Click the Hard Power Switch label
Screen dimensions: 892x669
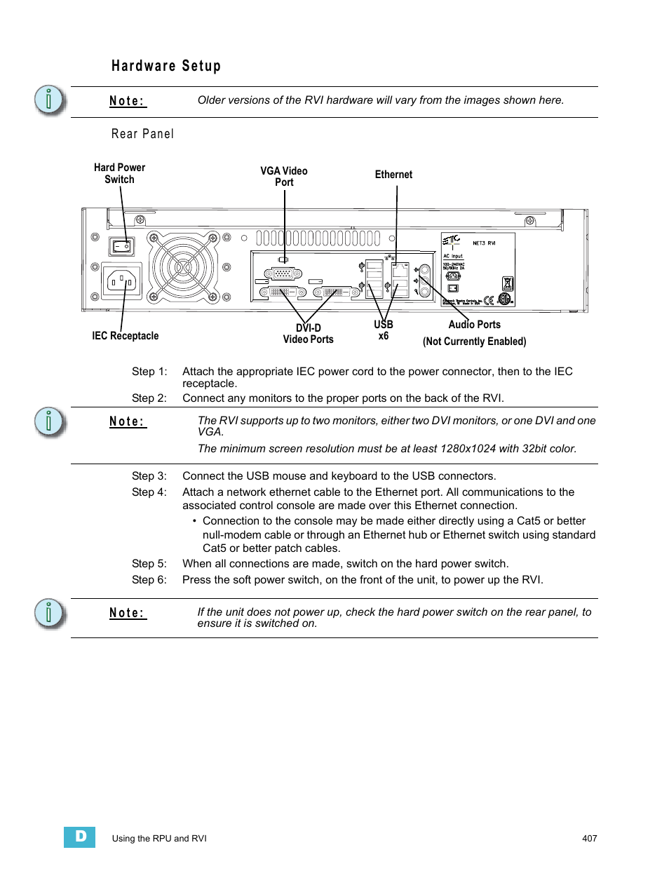tap(119, 173)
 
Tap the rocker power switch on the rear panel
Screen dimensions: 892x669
tap(121, 246)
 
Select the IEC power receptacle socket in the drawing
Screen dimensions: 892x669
tap(121, 282)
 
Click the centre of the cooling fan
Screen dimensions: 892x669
tap(184, 267)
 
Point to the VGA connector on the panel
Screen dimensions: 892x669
tap(283, 274)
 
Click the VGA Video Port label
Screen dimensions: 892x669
tap(284, 176)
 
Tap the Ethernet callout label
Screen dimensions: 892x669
tap(393, 175)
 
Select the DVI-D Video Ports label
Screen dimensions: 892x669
tap(309, 334)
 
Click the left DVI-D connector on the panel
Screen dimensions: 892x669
tap(283, 292)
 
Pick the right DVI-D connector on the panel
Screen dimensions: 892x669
tap(333, 292)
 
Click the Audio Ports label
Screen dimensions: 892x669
tap(475, 325)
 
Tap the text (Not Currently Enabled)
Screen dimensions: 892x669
tap(475, 342)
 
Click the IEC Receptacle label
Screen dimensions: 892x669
tap(126, 336)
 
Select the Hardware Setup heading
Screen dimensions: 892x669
tap(166, 66)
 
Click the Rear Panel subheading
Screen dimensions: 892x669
tap(143, 134)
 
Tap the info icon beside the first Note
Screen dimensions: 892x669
tap(49, 100)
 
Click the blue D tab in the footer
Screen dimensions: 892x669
tap(80, 837)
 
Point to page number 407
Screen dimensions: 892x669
tap(589, 838)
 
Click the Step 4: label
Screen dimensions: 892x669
tap(149, 492)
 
